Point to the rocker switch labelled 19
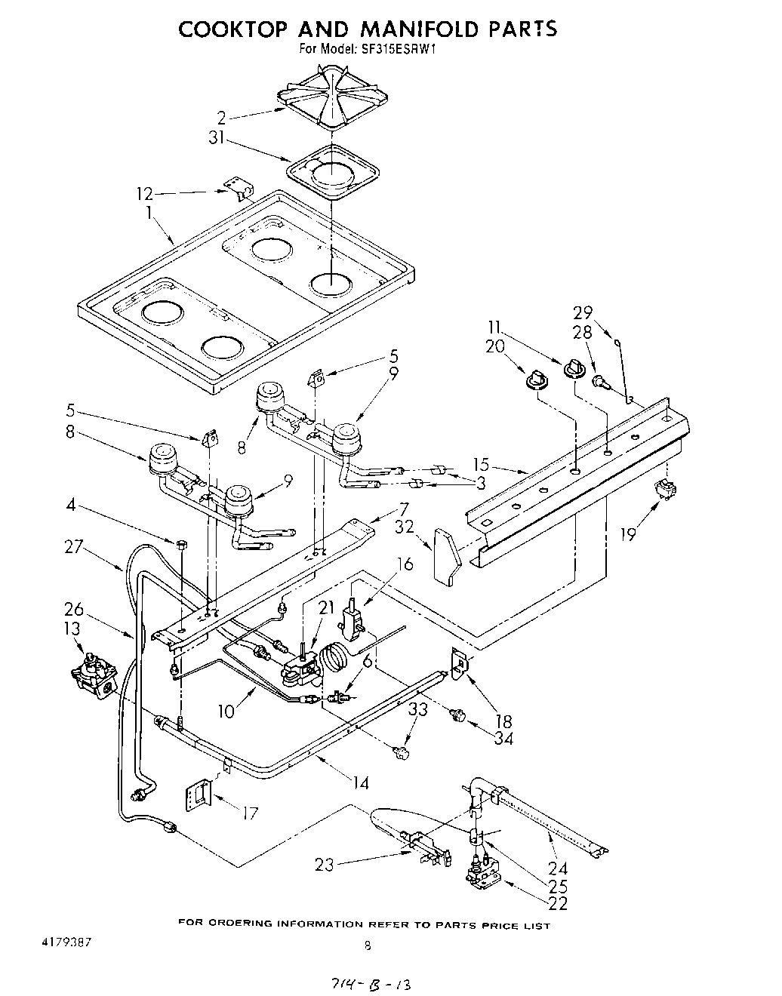point(665,490)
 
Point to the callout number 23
point(324,865)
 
